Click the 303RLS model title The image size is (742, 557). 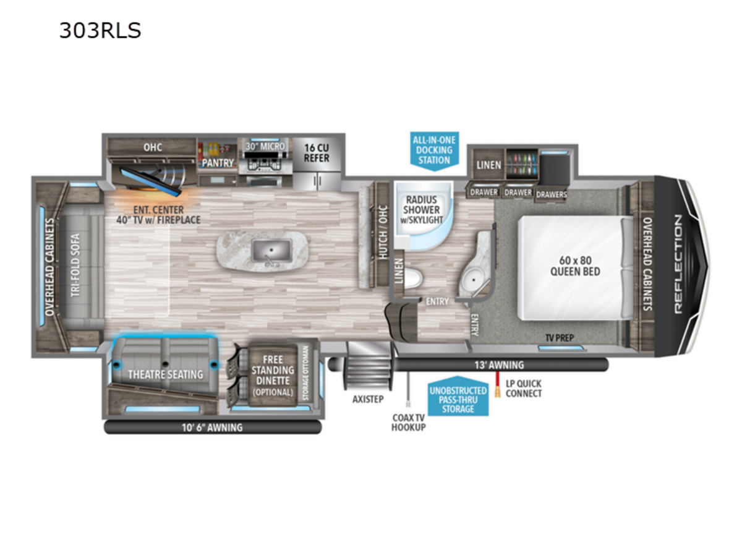point(100,30)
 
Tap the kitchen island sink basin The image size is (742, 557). point(271,250)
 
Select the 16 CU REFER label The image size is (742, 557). point(317,153)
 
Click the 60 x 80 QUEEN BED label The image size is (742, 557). point(575,266)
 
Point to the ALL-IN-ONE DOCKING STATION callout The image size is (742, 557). point(435,150)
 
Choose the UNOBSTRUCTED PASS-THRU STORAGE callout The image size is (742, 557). point(458,396)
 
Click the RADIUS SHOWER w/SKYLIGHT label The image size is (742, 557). point(422,210)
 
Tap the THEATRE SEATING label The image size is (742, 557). point(166,374)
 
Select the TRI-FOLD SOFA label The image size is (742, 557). point(75,266)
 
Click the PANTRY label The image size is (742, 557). point(218,163)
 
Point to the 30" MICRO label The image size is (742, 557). point(265,147)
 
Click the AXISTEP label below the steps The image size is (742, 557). point(368,399)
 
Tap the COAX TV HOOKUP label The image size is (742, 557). point(408,423)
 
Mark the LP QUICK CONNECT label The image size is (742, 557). point(524,389)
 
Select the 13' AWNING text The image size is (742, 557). point(499,365)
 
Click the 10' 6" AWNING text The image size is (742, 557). point(212,428)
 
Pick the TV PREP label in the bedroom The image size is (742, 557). point(560,337)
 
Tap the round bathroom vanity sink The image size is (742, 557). point(474,280)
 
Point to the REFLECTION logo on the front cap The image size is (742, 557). point(678,264)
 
